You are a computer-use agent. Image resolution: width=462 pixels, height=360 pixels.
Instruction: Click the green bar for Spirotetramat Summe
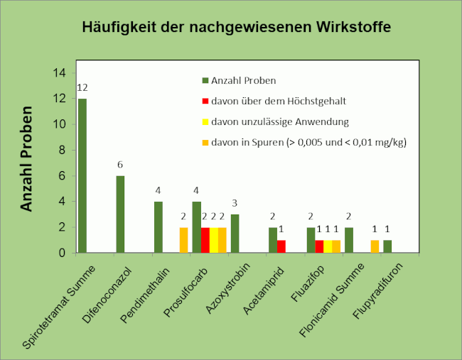pyautogui.click(x=82, y=175)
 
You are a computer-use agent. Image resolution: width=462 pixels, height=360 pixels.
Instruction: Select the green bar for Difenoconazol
pyautogui.click(x=120, y=214)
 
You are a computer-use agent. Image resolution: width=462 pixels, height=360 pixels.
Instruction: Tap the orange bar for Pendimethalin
pyautogui.click(x=183, y=240)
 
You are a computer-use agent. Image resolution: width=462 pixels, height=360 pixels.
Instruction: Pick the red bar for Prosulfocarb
pyautogui.click(x=205, y=240)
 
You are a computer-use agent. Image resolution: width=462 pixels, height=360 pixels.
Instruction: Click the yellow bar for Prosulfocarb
pyautogui.click(x=214, y=240)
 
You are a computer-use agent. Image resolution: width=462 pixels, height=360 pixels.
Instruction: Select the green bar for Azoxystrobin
pyautogui.click(x=235, y=233)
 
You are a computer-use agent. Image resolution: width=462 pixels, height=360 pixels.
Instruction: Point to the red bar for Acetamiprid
pyautogui.click(x=281, y=246)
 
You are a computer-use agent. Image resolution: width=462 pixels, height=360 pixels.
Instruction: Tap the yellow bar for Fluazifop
pyautogui.click(x=328, y=246)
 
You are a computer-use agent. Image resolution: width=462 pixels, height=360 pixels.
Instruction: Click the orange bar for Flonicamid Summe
pyautogui.click(x=375, y=246)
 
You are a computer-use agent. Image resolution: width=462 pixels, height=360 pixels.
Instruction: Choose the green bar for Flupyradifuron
pyautogui.click(x=387, y=246)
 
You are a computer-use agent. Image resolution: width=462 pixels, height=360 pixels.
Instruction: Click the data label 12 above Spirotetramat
pyautogui.click(x=82, y=87)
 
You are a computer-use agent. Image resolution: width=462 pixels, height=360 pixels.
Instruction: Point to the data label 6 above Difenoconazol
pyautogui.click(x=120, y=165)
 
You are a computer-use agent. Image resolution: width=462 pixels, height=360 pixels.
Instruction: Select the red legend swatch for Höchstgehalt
pyautogui.click(x=205, y=102)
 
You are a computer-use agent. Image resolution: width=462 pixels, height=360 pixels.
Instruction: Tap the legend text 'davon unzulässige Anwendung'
pyautogui.click(x=281, y=121)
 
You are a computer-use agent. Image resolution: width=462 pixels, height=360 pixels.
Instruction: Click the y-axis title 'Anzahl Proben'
pyautogui.click(x=27, y=159)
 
